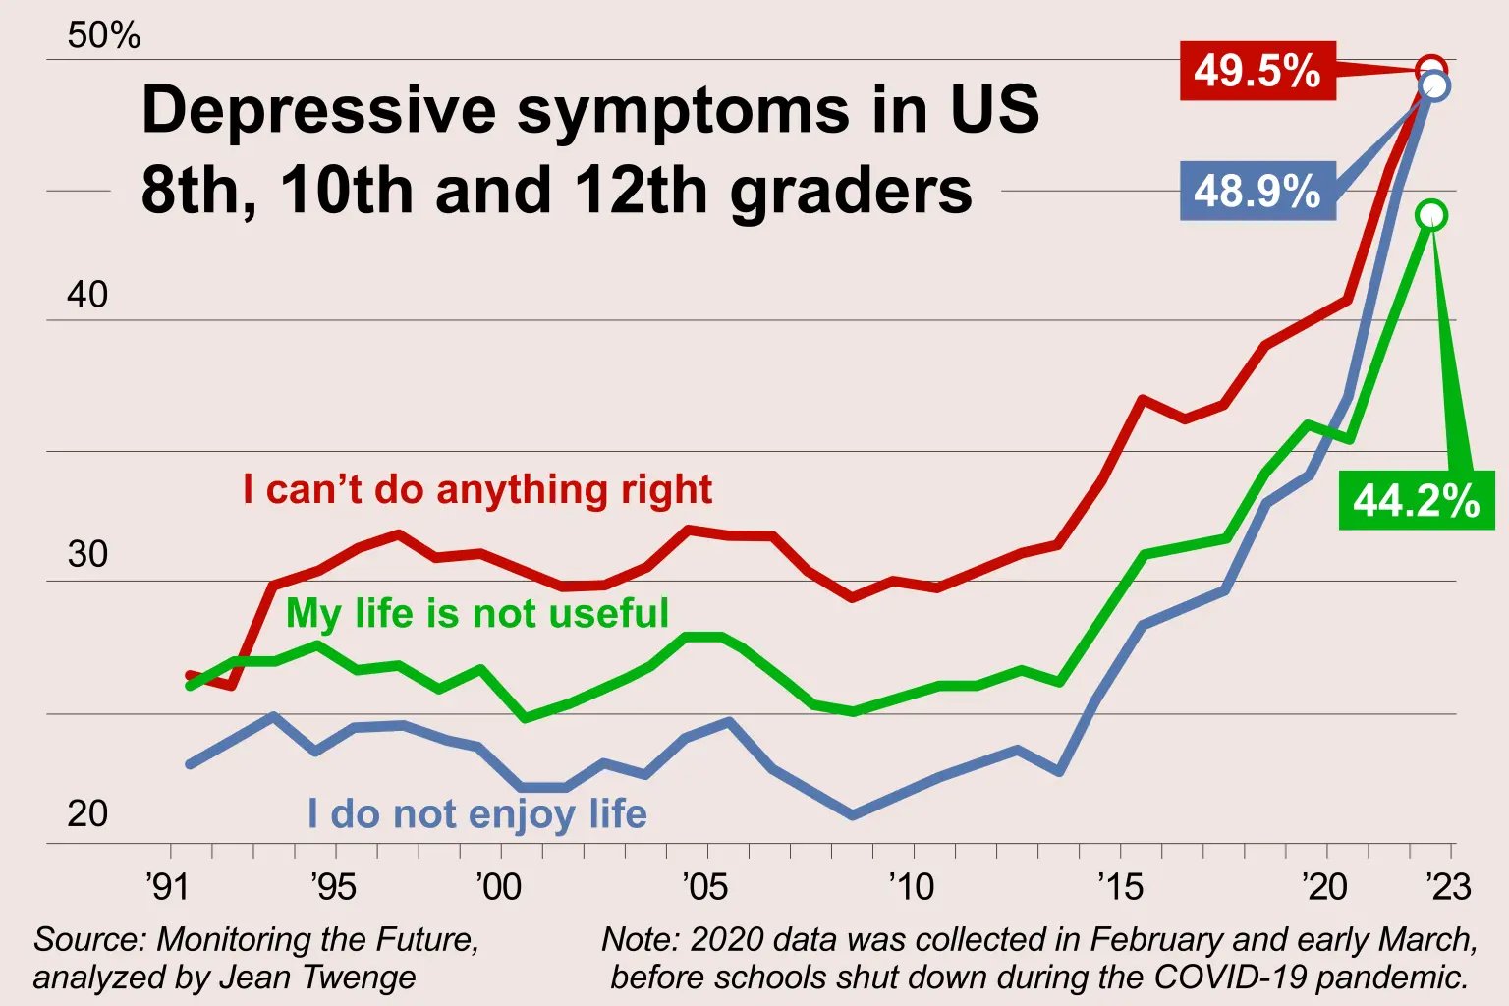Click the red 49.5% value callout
[x=1257, y=71]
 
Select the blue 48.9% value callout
[x=1257, y=191]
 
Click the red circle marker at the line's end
[x=1431, y=70]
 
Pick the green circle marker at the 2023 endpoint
[x=1432, y=215]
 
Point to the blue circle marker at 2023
[x=1435, y=86]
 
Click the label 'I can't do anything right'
[x=477, y=489]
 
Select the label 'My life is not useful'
[x=476, y=613]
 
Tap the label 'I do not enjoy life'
[x=476, y=813]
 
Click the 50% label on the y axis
[x=103, y=35]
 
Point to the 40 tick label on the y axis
[x=87, y=295]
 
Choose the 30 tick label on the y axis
[x=87, y=554]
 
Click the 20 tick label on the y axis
[x=87, y=813]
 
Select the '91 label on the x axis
[x=167, y=886]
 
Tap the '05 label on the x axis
[x=704, y=886]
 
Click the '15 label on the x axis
[x=1120, y=886]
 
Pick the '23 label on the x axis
[x=1448, y=886]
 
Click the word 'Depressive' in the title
[x=319, y=109]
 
